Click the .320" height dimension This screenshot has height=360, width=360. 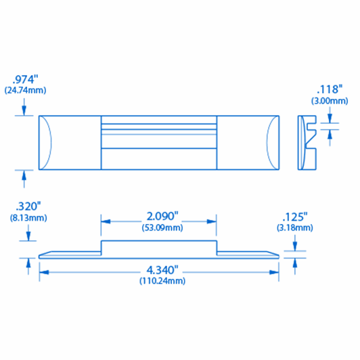24,206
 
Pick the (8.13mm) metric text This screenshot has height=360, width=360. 24,218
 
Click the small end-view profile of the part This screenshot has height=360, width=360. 307,142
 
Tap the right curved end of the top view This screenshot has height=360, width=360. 271,142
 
